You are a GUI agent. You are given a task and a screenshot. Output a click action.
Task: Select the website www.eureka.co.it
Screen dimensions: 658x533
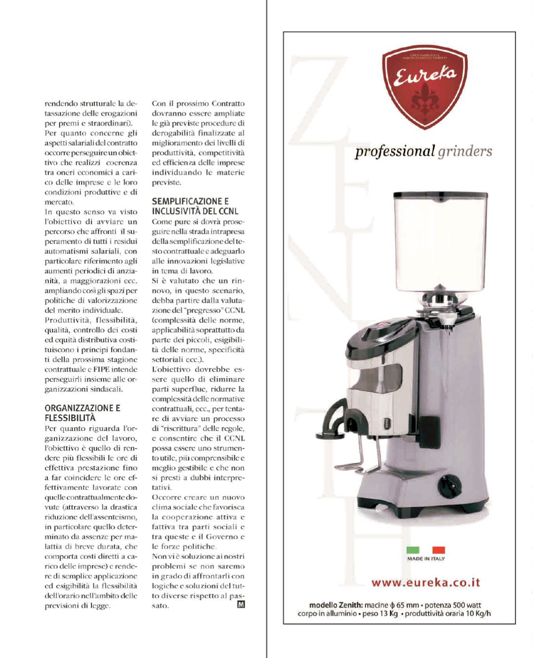tap(425, 583)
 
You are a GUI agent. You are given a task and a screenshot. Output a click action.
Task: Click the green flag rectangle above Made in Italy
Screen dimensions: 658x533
tap(412, 550)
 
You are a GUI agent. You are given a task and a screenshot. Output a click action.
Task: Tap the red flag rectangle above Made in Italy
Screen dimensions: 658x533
tap(439, 550)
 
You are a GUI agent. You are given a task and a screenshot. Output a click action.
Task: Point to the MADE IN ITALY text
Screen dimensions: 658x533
tap(425, 559)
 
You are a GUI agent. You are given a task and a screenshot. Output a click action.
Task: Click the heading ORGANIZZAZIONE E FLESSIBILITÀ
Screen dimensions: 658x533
tap(82, 413)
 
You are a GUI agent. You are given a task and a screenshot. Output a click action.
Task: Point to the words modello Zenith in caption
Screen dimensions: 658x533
tap(329, 605)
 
